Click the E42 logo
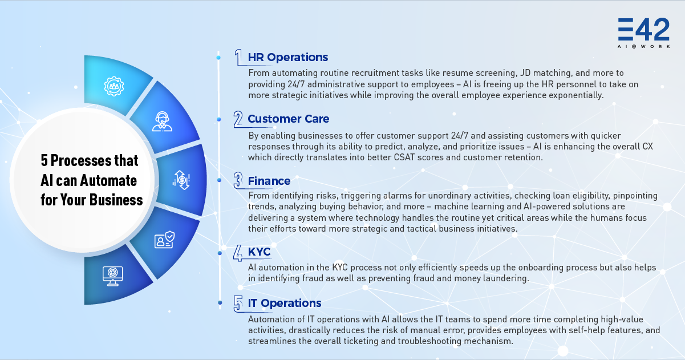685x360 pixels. [x=644, y=33]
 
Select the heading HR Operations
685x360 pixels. [x=288, y=57]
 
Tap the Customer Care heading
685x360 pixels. [x=289, y=119]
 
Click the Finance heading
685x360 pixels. [x=269, y=181]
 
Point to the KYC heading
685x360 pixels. [x=259, y=252]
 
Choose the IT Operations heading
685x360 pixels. [x=285, y=303]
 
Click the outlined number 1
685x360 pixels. [x=238, y=57]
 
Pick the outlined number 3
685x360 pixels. [x=238, y=180]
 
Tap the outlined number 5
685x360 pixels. [x=238, y=304]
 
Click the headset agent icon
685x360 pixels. [x=162, y=122]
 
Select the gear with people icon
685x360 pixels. [x=114, y=86]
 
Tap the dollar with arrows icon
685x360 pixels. [x=181, y=180]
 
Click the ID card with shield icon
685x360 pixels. [x=164, y=240]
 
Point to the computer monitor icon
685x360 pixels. [x=113, y=276]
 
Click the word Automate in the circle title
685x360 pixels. [x=108, y=180]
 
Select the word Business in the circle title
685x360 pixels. [x=116, y=200]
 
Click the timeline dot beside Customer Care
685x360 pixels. [x=219, y=120]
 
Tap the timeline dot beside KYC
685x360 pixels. [x=220, y=253]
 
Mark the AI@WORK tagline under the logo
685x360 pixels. [x=644, y=46]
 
